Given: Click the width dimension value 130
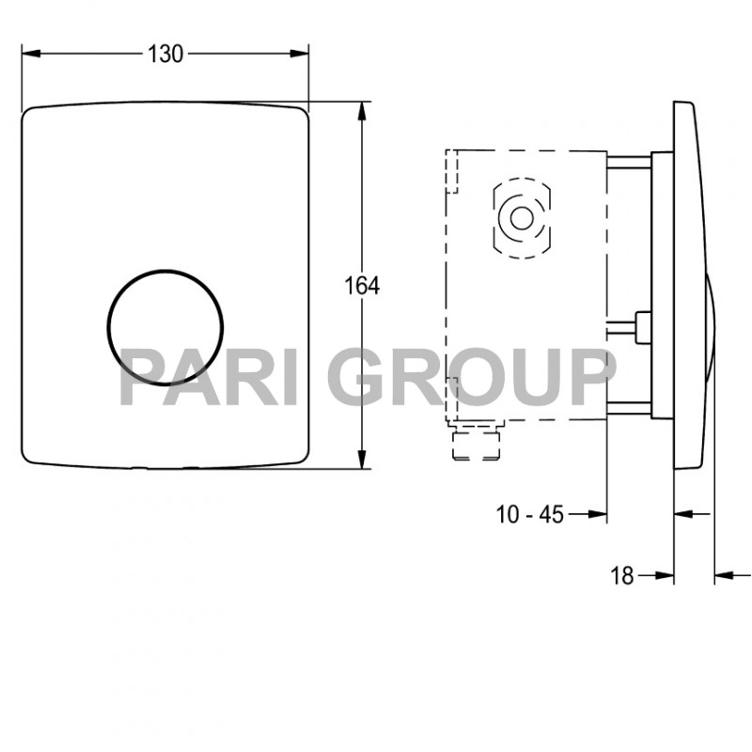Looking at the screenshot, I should pos(165,54).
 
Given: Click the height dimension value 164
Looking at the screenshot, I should pos(363,286).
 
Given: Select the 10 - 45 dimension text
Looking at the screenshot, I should pos(529,514).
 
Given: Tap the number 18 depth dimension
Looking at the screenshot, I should pos(621,574).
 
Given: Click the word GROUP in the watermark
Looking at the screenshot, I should pos(470,376).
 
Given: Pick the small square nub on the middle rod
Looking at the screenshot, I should pos(644,326).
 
